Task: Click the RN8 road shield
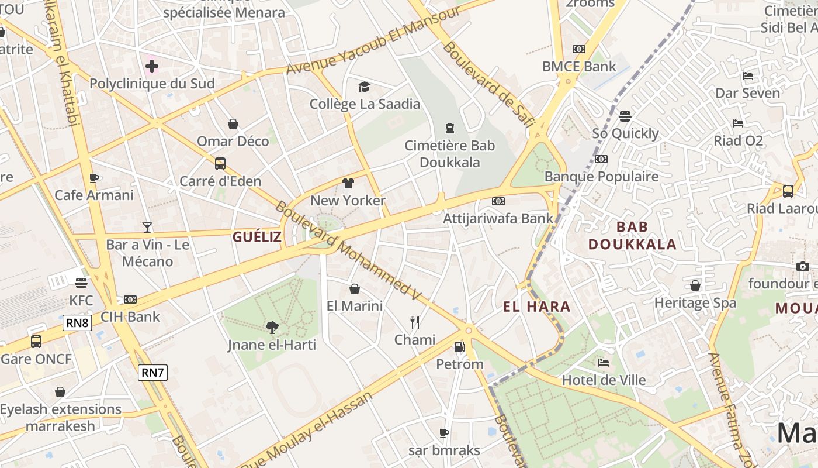click(78, 322)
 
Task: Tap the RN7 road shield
click(152, 372)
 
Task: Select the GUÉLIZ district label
click(257, 237)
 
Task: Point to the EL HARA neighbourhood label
click(536, 307)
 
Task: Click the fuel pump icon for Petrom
click(460, 347)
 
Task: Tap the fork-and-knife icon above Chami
click(415, 322)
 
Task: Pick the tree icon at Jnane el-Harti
click(272, 328)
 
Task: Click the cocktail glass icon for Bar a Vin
click(147, 227)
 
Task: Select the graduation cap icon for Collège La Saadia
click(365, 87)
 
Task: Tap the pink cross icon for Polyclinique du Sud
click(152, 66)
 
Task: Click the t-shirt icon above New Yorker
click(348, 183)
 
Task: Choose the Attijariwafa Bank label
click(498, 218)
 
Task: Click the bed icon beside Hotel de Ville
click(604, 363)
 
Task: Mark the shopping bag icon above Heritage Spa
click(695, 285)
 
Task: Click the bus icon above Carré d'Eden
click(220, 164)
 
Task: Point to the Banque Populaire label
click(601, 176)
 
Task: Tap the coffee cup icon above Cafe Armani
click(93, 178)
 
